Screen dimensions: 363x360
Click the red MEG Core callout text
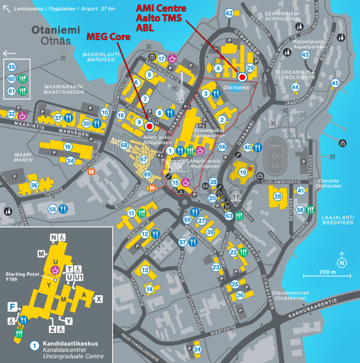108,37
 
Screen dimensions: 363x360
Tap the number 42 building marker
229,13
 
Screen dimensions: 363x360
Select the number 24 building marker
198,349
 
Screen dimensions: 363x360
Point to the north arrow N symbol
341,261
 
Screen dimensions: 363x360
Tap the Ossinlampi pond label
236,87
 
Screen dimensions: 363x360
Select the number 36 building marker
34,185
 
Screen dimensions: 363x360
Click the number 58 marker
53,209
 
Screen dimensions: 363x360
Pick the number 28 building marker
278,197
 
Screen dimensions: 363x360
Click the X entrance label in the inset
99,300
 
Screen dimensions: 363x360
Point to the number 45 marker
335,83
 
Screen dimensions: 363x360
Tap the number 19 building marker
243,172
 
